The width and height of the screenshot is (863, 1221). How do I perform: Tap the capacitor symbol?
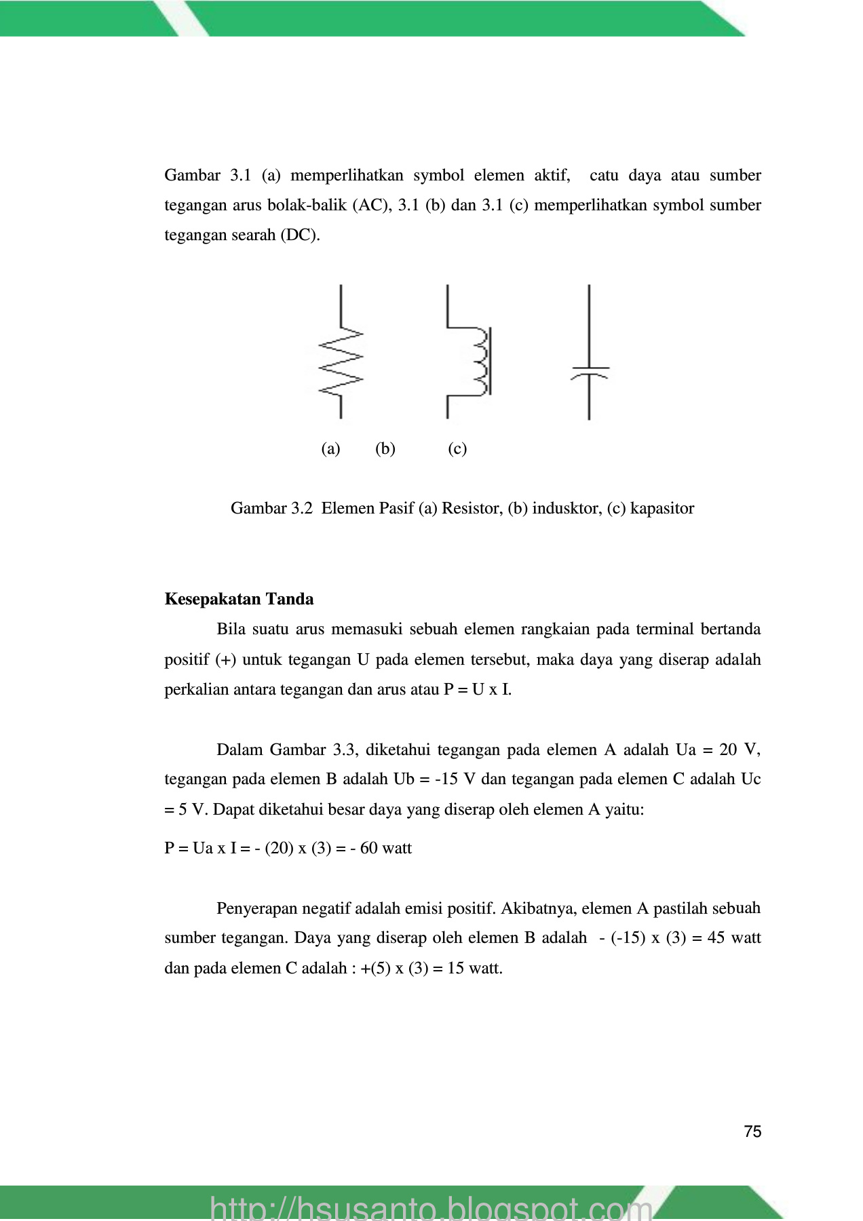coord(589,372)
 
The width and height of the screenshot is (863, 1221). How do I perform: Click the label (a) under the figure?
coord(330,448)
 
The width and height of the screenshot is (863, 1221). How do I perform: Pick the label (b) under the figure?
coord(385,448)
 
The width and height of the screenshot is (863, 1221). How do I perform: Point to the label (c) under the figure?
coord(457,448)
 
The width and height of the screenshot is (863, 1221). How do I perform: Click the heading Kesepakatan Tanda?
coord(239,599)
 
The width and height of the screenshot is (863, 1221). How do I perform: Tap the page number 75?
coord(752,1131)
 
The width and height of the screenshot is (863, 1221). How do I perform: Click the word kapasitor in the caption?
coord(661,508)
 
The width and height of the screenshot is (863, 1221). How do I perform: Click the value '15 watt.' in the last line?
coord(475,968)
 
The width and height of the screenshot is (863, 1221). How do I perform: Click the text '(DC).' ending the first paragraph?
coord(300,235)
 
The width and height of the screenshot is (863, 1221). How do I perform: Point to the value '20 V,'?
coord(740,750)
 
